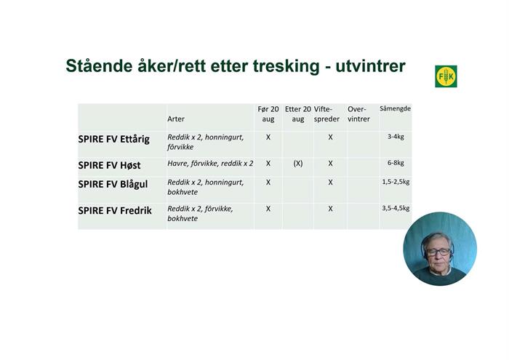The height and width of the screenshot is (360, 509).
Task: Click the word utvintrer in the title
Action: (x=370, y=66)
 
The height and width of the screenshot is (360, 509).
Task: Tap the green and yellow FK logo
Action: (x=446, y=76)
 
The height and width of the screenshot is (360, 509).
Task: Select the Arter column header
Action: (x=176, y=119)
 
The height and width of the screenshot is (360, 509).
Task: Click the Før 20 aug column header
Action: (x=268, y=114)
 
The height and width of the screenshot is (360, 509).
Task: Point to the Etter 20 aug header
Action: (x=298, y=114)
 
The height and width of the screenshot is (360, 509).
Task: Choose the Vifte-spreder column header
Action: (x=326, y=114)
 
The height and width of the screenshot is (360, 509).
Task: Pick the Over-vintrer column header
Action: (x=358, y=114)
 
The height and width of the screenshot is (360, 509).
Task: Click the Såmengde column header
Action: (x=395, y=108)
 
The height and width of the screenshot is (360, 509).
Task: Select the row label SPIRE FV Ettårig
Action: (x=113, y=139)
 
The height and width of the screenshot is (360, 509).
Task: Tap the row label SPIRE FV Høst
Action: (x=109, y=165)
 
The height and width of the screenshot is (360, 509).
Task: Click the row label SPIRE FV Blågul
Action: (x=113, y=185)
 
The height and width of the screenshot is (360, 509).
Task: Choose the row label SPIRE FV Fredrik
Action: (x=115, y=211)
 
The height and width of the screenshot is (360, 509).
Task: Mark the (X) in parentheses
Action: (x=298, y=164)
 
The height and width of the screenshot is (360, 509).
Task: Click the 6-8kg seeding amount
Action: (x=396, y=163)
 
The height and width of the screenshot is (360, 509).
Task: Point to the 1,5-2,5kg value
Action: (x=396, y=182)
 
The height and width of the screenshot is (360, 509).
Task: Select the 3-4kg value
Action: (x=396, y=137)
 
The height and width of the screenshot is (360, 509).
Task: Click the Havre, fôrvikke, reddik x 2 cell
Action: (x=210, y=164)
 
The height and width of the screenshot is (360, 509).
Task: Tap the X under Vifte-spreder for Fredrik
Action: (x=330, y=209)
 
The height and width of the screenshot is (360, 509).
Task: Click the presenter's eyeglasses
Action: (x=439, y=252)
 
